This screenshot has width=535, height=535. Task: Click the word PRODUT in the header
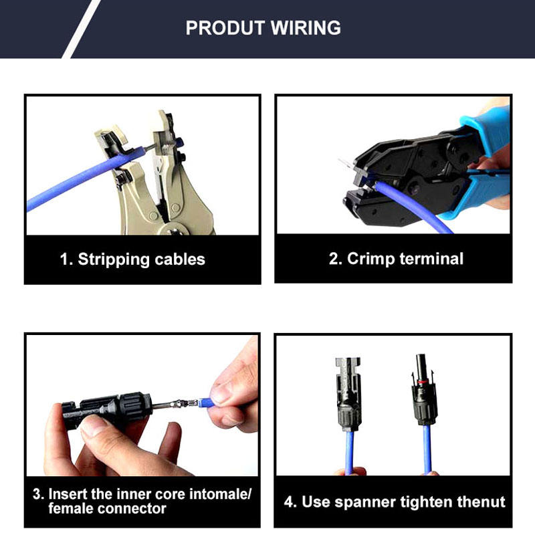coord(225,28)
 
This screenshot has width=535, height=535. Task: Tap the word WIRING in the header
coord(306,28)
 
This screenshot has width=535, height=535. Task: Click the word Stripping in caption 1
coord(114,259)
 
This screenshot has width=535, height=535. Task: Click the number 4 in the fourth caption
coord(289,502)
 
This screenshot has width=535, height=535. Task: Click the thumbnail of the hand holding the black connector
coord(96,426)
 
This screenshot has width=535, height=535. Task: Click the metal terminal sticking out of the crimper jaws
coord(347,165)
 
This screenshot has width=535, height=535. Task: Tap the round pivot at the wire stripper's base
coord(173,230)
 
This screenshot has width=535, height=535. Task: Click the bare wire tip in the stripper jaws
coord(150,147)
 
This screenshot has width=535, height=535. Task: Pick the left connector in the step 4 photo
coord(348,393)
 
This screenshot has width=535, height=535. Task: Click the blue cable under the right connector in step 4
coord(427,449)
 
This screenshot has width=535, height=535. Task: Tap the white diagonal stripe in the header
coord(82,29)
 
